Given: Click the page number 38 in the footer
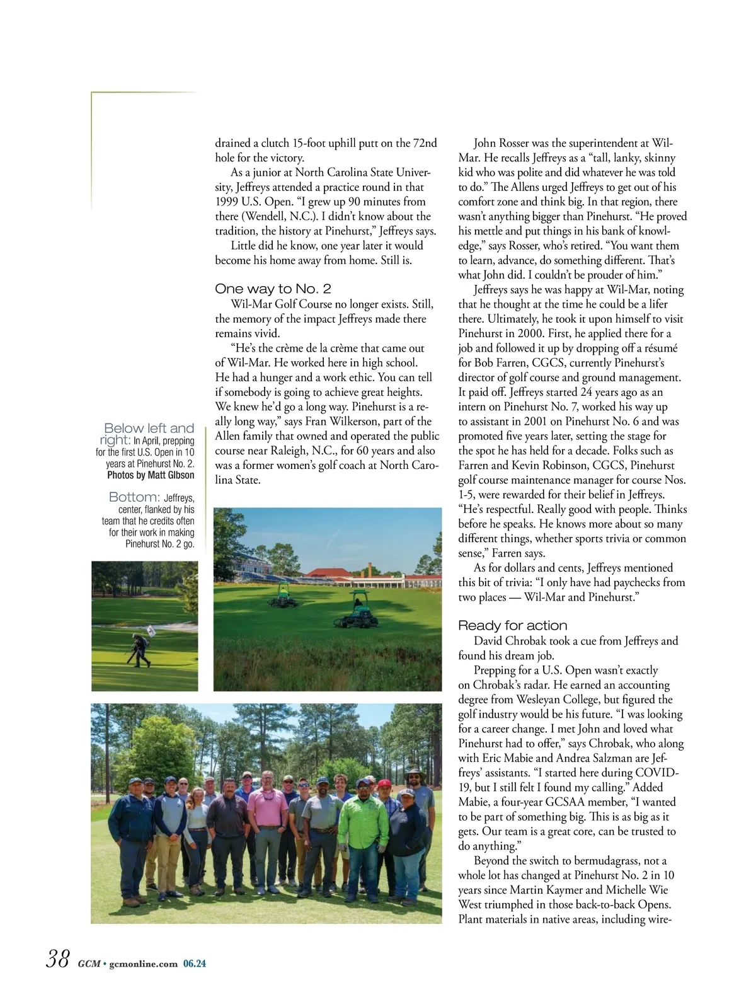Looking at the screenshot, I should point(57,959).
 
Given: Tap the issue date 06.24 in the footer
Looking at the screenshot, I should point(195,964).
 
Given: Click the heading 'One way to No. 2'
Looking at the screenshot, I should point(273,289).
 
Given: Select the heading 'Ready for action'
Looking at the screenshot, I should point(512,625).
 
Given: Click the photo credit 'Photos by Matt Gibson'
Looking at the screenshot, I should point(151,475).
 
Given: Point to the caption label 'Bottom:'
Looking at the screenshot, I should point(134,497).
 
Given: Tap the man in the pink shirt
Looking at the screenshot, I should point(266,819).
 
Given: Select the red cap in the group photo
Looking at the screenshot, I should point(384,783).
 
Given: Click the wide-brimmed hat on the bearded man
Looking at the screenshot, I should point(415,770).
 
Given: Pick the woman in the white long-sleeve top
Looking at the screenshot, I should point(198,832).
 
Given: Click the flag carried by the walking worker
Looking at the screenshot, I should point(151,630).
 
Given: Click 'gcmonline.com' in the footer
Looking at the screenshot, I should point(143,964).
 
